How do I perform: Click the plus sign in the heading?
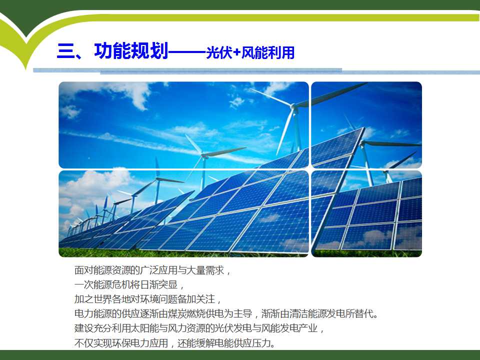pos(236,52)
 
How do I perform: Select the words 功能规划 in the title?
pos(131,50)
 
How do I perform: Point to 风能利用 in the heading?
pos(268,52)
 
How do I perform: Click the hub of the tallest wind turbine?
pos(294,107)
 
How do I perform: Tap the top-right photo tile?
pos(366,125)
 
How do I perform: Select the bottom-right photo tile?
pos(366,213)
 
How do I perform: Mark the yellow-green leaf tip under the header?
pos(26,68)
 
